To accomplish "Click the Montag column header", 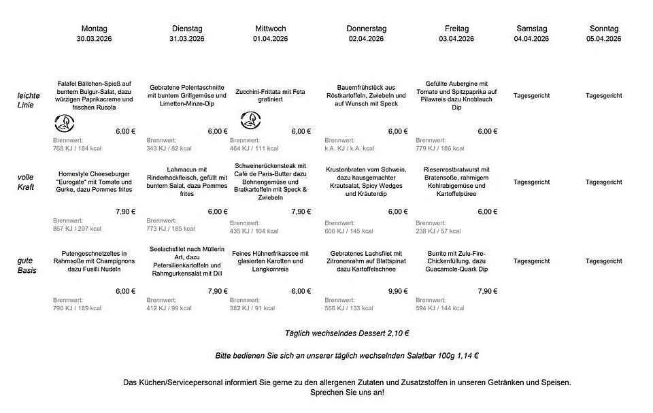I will pyautogui.click(x=94, y=29).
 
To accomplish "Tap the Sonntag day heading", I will pyautogui.click(x=603, y=29).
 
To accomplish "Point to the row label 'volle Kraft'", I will pyautogui.click(x=26, y=182).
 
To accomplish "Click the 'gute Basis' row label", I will pyautogui.click(x=27, y=265).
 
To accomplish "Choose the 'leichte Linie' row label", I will pyautogui.click(x=29, y=100).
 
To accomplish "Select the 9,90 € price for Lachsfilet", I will pyautogui.click(x=398, y=291).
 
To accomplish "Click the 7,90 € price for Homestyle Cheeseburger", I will pyautogui.click(x=125, y=212).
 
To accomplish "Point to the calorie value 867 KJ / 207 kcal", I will pyautogui.click(x=78, y=229).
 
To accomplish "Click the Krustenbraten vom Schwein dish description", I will pyautogui.click(x=366, y=182).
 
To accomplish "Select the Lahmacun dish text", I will pyautogui.click(x=187, y=182).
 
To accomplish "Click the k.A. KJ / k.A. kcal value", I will pyautogui.click(x=350, y=148).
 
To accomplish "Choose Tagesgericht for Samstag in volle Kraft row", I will pyautogui.click(x=531, y=182).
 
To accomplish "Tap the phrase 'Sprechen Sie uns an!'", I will pyautogui.click(x=347, y=393).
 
